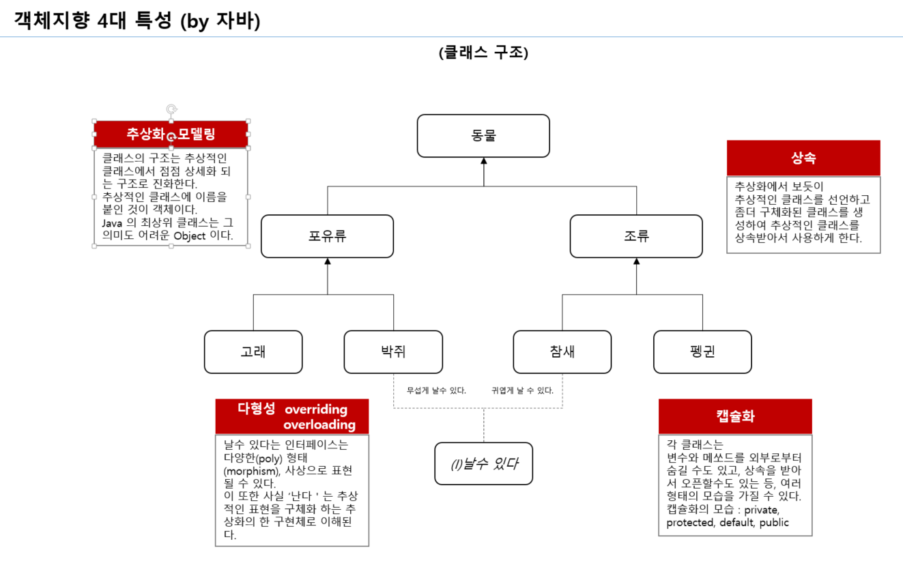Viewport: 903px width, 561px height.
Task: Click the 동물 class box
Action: tap(483, 136)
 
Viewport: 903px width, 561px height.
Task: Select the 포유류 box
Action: tap(327, 236)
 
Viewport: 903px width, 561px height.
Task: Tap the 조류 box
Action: tap(636, 236)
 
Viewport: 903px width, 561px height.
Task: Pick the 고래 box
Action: tap(253, 352)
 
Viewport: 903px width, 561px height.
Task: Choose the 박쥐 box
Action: tap(393, 352)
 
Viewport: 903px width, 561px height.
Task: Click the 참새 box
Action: tap(562, 352)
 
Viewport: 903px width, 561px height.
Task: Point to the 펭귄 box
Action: tap(702, 352)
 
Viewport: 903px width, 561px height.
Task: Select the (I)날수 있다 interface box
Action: tap(483, 464)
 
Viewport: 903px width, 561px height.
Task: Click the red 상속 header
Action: tap(803, 158)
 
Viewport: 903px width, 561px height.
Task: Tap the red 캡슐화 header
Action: tap(735, 416)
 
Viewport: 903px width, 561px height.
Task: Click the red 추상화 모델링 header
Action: tap(171, 134)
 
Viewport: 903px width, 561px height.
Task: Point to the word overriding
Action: tap(316, 409)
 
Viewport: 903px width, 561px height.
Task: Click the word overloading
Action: tap(319, 425)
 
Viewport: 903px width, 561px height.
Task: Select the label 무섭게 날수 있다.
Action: tap(436, 391)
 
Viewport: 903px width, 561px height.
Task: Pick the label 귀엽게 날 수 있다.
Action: tap(522, 391)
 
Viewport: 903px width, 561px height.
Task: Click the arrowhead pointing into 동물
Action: tap(483, 162)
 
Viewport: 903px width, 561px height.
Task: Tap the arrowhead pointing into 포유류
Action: tap(327, 261)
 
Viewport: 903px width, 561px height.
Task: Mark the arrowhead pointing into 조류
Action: tap(636, 261)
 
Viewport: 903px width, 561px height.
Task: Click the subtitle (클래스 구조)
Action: tap(483, 53)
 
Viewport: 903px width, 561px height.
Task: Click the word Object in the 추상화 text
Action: tap(190, 236)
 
